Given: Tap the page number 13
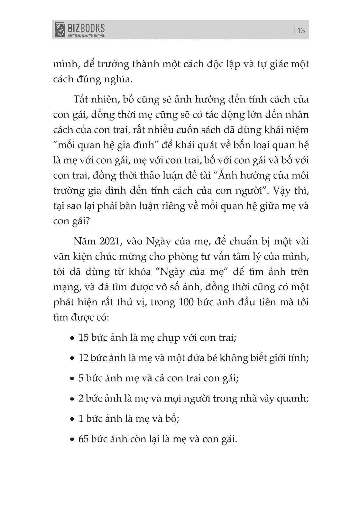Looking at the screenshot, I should [301, 31].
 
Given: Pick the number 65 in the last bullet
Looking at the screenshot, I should [84, 439].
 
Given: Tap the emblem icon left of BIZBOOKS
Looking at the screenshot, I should [59, 29].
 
